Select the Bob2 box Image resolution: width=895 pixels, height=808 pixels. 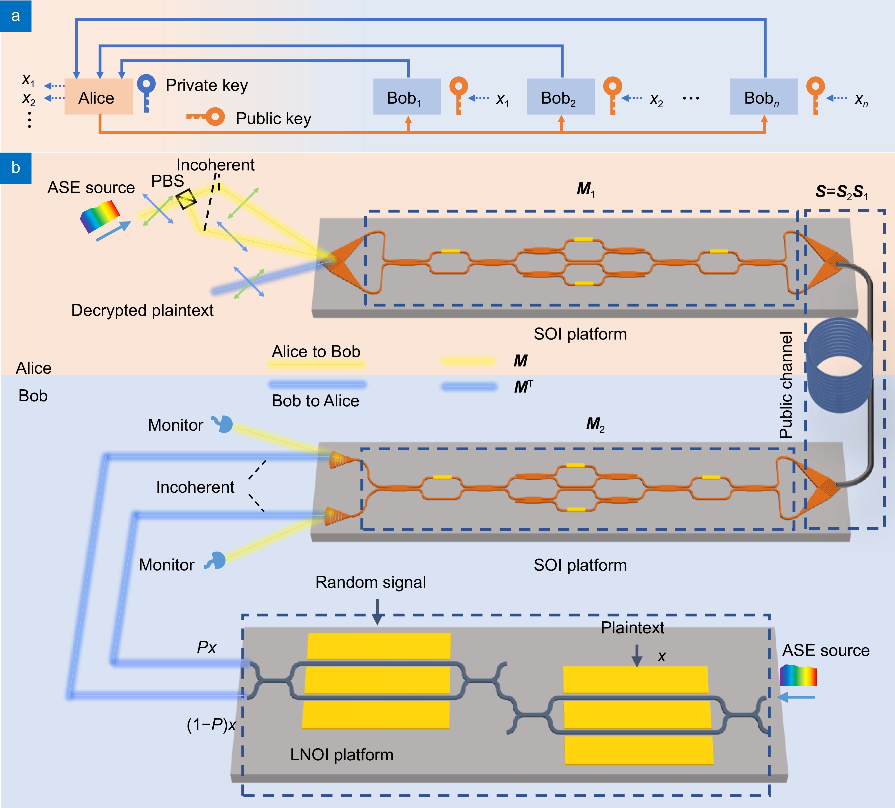click(560, 97)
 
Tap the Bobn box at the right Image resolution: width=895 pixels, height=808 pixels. click(764, 97)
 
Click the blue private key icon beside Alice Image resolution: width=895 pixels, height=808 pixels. click(146, 92)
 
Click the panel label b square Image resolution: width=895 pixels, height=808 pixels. click(15, 168)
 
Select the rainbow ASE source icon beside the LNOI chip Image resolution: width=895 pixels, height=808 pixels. click(798, 675)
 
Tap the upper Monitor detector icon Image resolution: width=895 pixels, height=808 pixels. click(223, 424)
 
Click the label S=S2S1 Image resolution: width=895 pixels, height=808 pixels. click(841, 192)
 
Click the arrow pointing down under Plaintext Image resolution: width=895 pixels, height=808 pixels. click(637, 655)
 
